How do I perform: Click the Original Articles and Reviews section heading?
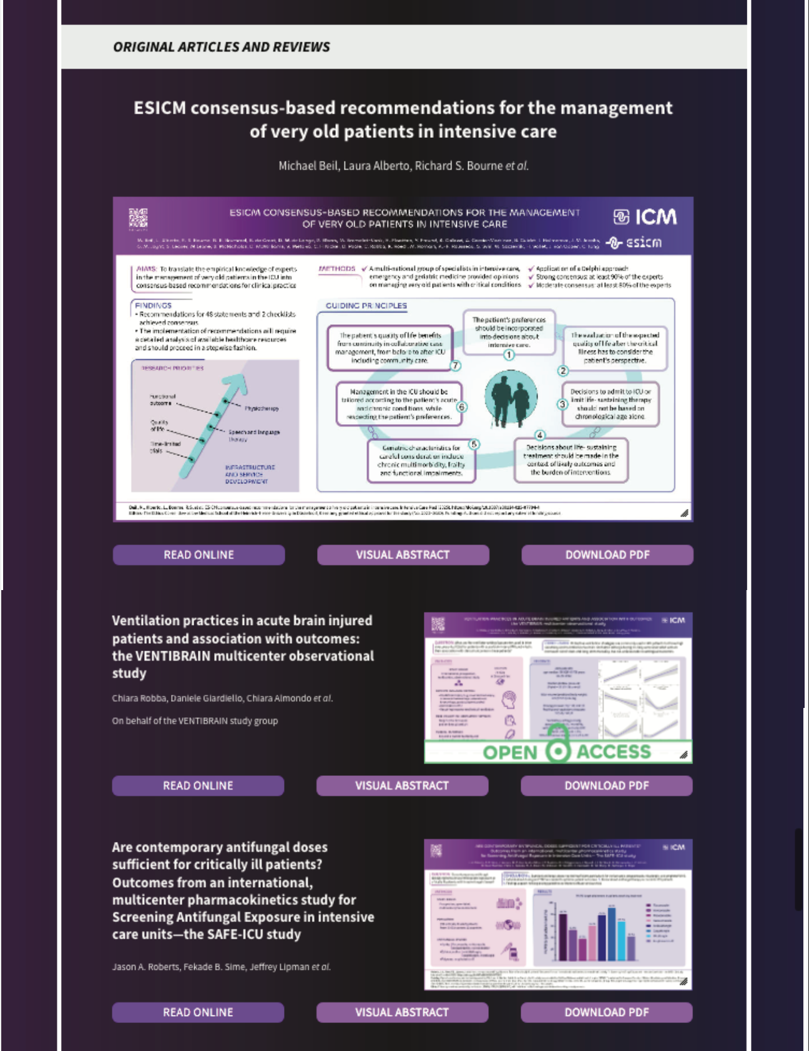tap(221, 47)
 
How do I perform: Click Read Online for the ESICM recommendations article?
tap(199, 555)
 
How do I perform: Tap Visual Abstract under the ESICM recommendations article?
tap(403, 555)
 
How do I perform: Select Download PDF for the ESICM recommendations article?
tap(607, 555)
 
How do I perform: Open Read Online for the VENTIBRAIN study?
tap(198, 785)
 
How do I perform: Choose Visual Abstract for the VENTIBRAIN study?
tap(402, 785)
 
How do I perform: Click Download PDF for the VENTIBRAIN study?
tap(607, 785)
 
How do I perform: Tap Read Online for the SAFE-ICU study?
tap(198, 1012)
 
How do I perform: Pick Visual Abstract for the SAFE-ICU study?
tap(402, 1012)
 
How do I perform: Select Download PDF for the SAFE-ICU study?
tap(607, 1012)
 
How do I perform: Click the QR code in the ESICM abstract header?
tap(138, 218)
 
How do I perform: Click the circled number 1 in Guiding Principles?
tap(509, 355)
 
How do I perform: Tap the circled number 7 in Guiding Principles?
tap(456, 366)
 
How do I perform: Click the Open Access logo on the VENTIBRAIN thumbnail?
tap(558, 751)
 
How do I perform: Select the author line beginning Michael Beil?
tap(403, 166)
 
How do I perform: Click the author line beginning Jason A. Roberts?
tap(221, 967)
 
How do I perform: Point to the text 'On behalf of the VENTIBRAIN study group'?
tap(195, 721)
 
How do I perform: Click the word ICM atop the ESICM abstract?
tap(655, 217)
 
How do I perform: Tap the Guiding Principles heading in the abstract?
tap(366, 306)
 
